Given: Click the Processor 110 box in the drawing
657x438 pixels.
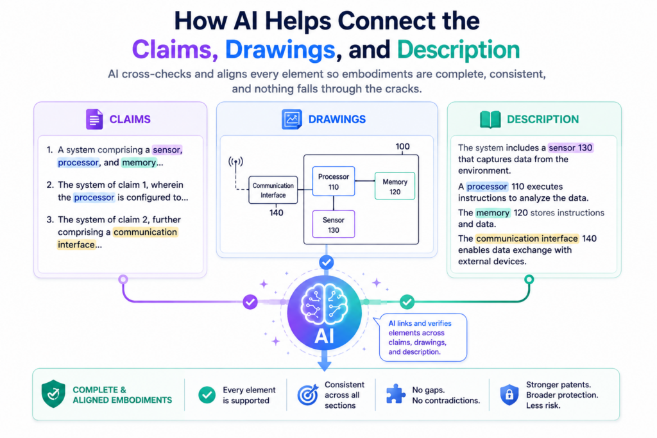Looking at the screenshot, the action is tap(334, 181).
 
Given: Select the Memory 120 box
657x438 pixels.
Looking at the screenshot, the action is tap(395, 186).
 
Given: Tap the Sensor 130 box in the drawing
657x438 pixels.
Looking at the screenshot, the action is tap(334, 224).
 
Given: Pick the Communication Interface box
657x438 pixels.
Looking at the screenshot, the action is tap(273, 190).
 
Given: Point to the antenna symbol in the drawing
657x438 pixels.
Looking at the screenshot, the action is tap(236, 162).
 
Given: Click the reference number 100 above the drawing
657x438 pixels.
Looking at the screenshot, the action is tap(403, 147).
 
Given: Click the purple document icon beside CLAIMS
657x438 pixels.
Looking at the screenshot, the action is tap(94, 119).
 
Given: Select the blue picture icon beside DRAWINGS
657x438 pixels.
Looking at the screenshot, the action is tap(292, 119).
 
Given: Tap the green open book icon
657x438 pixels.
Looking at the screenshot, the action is tap(490, 119).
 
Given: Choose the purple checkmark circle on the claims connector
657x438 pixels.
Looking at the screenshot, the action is tap(250, 301).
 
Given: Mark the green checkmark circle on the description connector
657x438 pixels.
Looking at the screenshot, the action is tap(407, 301).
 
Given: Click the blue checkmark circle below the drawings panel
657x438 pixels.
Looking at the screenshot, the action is tap(327, 262).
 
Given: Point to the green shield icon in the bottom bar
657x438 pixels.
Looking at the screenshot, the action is tap(53, 394).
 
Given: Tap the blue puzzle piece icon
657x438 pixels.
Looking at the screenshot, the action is tap(395, 394).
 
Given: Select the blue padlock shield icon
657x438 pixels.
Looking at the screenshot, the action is tap(509, 394).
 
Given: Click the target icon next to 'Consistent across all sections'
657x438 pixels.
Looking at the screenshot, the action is tap(308, 394).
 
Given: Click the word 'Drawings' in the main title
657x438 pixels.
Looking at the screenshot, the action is tap(280, 50).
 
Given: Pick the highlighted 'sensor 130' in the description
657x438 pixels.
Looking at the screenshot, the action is tap(570, 147).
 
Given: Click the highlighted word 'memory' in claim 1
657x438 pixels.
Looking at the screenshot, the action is tap(139, 162).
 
